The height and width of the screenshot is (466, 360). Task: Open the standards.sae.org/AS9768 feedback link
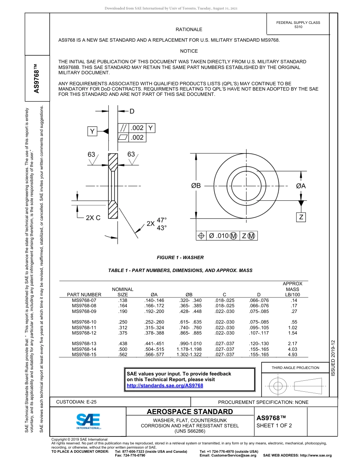[165, 385]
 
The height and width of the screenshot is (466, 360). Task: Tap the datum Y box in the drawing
[92, 131]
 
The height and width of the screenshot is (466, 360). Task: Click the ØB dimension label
[196, 186]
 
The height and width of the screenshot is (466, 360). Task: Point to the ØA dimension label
[301, 186]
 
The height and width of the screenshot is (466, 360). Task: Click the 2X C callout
[93, 218]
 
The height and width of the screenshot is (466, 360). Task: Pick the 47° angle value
[162, 220]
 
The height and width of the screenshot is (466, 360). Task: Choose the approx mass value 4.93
[293, 355]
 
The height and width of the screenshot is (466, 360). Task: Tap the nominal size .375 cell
[122, 333]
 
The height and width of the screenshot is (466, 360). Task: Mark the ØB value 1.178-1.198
[189, 349]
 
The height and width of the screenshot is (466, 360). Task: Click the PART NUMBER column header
[84, 294]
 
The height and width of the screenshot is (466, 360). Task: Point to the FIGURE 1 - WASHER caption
[180, 258]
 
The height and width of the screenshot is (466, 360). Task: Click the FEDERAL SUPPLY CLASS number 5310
[298, 27]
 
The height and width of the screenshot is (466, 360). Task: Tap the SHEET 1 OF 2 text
[274, 425]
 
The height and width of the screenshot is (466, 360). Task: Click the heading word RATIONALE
[189, 30]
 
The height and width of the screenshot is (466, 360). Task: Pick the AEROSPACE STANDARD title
[190, 412]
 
